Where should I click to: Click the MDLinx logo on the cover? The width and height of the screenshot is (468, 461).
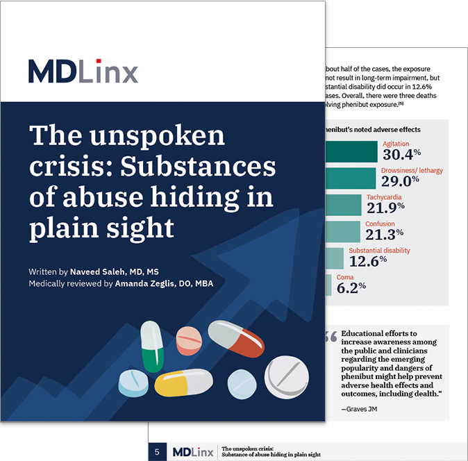83,72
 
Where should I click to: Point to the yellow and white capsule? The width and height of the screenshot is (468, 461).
183,383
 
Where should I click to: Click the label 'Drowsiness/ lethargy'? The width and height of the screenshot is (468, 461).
412,170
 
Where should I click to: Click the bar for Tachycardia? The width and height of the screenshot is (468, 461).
343,204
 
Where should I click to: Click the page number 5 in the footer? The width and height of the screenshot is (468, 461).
158,452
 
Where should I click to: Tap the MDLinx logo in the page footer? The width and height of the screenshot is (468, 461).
191,452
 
